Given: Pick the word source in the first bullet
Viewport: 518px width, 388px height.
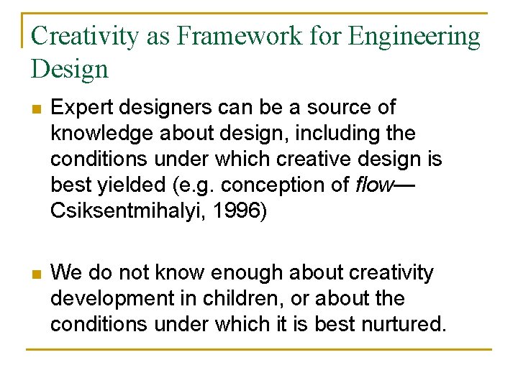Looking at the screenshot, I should click(x=340, y=108).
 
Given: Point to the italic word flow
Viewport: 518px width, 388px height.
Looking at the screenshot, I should click(x=374, y=185).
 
